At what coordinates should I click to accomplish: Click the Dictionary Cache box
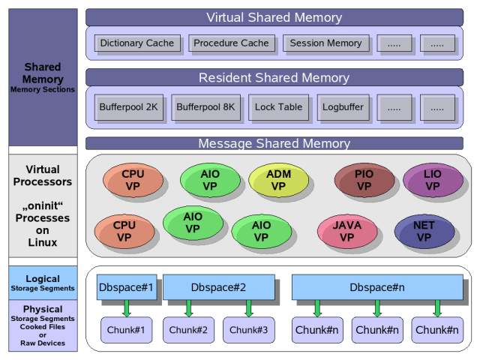click(x=136, y=43)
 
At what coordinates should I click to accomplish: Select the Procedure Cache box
click(x=231, y=43)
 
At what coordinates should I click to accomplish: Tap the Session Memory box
click(x=325, y=43)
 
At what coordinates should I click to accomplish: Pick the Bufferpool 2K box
click(x=128, y=107)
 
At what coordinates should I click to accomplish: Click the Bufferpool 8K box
click(x=205, y=107)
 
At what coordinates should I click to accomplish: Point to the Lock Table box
click(x=278, y=107)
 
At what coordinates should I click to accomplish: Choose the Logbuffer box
click(x=343, y=107)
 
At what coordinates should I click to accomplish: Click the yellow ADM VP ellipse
click(x=278, y=181)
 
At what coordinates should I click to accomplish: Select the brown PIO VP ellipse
click(x=364, y=181)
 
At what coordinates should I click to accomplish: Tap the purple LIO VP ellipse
click(x=433, y=181)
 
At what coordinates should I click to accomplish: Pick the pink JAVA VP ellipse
click(x=347, y=232)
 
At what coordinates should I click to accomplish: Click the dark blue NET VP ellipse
click(x=424, y=232)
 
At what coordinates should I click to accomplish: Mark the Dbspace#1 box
click(x=127, y=287)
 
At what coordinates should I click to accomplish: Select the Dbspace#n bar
click(x=376, y=287)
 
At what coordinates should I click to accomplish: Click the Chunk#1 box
click(x=127, y=330)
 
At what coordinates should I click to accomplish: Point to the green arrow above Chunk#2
click(x=188, y=308)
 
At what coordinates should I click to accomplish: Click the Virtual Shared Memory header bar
click(x=274, y=17)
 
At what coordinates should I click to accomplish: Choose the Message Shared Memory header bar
click(x=274, y=143)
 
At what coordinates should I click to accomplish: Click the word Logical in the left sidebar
click(x=43, y=279)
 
